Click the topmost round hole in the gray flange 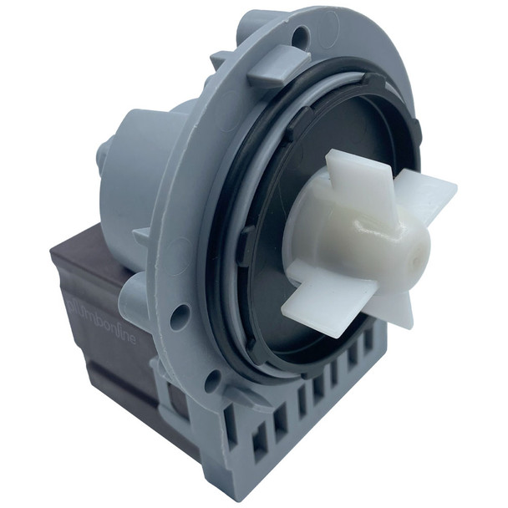point(302,36)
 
